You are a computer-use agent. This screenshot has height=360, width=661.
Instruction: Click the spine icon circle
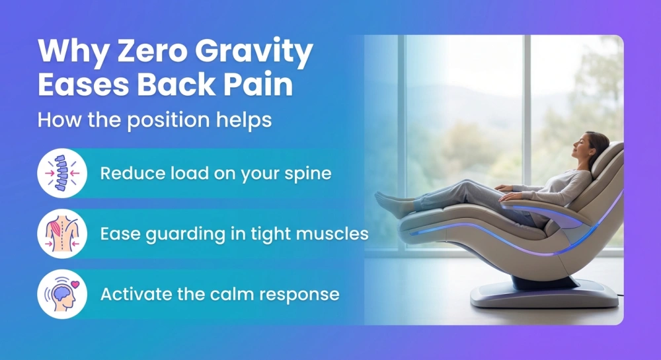pyautogui.click(x=62, y=173)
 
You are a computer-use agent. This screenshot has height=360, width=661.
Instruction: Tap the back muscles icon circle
pyautogui.click(x=62, y=233)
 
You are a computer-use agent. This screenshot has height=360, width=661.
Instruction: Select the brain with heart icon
pyautogui.click(x=62, y=293)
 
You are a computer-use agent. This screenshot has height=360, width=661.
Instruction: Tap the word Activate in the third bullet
pyautogui.click(x=133, y=293)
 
